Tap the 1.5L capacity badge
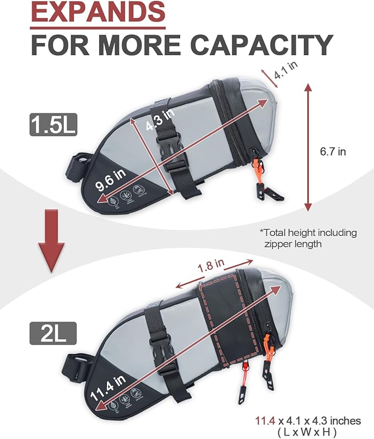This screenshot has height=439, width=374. click(x=53, y=123)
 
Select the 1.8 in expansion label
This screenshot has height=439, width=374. click(x=212, y=266)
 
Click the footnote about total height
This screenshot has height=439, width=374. click(x=308, y=237)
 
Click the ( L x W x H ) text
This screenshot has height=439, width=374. click(x=307, y=431)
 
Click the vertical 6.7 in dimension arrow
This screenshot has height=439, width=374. click(x=307, y=147)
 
